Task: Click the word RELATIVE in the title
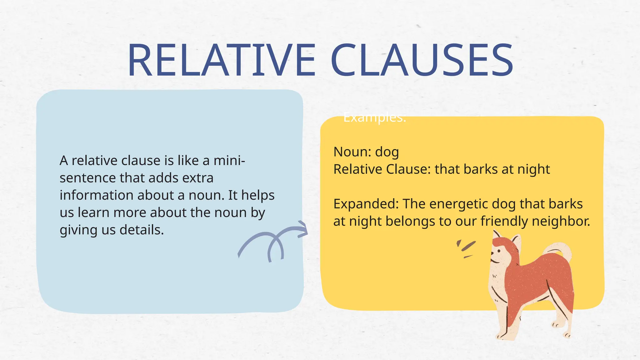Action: pos(221,60)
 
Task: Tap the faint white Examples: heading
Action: pos(374,118)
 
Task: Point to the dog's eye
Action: pos(499,250)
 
